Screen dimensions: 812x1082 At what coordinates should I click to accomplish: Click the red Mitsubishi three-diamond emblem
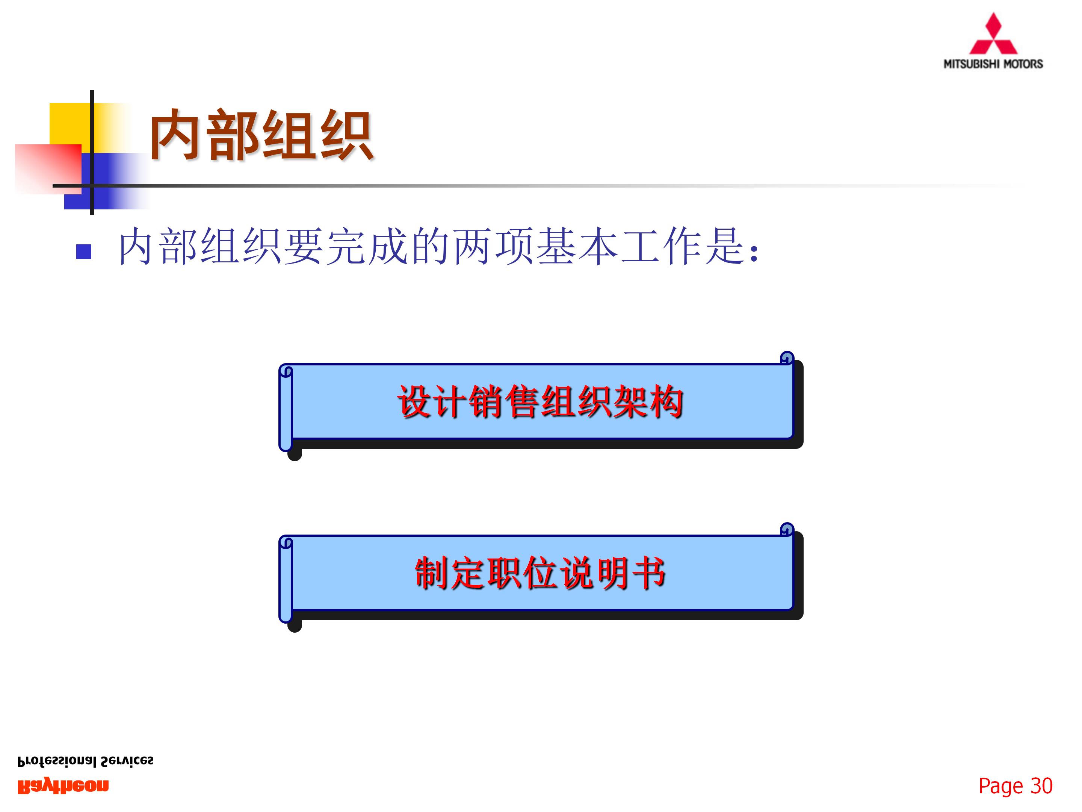click(993, 35)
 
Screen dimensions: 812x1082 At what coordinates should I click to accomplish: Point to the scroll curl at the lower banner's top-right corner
click(787, 530)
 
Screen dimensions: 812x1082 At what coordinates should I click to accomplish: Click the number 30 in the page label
click(1041, 786)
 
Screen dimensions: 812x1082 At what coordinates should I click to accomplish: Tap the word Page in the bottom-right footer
click(1000, 786)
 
